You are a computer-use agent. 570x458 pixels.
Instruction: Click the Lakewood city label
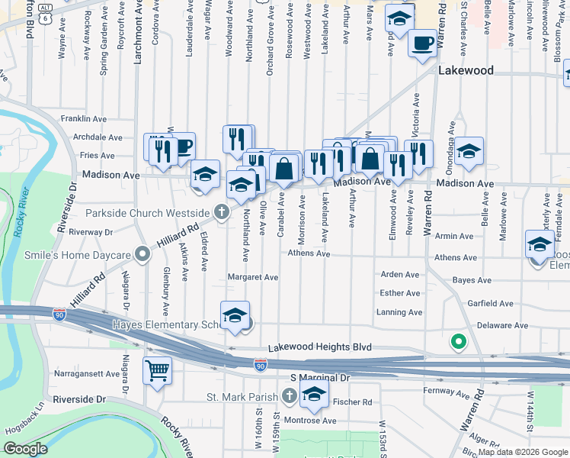[466, 70]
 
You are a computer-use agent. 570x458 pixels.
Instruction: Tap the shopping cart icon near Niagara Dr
[157, 371]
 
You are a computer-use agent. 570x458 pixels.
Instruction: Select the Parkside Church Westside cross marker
[222, 211]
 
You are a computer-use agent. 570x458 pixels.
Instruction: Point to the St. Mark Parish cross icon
[289, 395]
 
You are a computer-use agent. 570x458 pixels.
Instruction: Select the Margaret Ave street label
[253, 277]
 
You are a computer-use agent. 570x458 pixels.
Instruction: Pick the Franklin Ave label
[84, 119]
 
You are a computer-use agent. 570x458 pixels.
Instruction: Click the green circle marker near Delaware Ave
[458, 342]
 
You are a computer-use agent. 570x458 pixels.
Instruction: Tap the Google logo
[26, 449]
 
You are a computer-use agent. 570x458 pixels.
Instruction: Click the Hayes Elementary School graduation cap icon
[235, 314]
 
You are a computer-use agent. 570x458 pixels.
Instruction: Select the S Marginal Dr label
[319, 378]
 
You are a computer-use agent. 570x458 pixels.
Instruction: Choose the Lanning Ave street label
[399, 312]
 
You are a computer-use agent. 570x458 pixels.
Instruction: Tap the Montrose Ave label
[310, 421]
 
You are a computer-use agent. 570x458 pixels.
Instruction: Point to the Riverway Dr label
[90, 231]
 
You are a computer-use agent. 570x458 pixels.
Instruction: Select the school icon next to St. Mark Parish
[313, 395]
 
